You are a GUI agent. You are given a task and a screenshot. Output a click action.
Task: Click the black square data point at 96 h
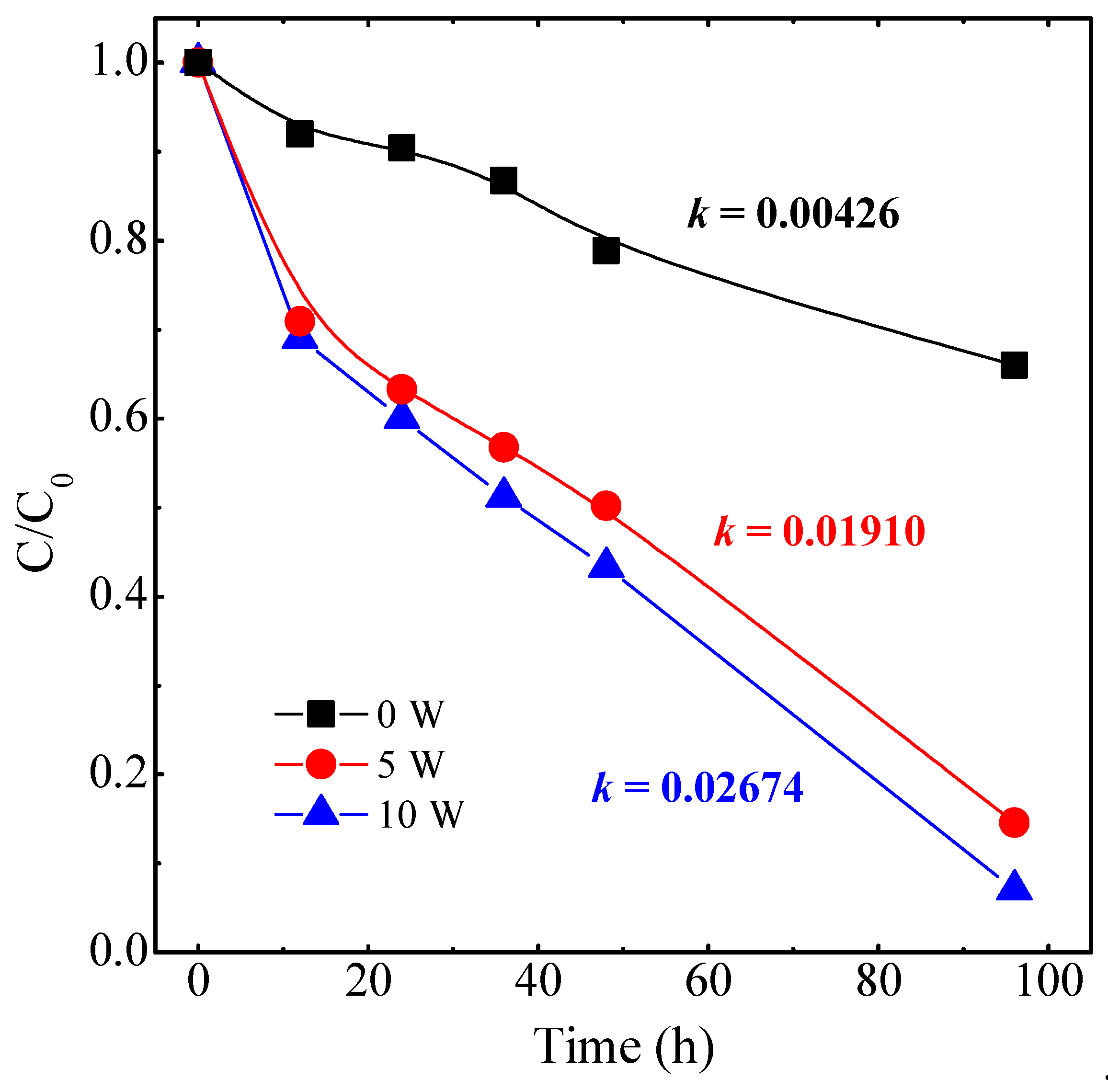(x=1014, y=365)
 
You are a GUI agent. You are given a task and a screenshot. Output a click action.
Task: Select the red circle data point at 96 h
(x=1014, y=822)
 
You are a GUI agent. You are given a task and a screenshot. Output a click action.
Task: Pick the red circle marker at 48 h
(x=606, y=505)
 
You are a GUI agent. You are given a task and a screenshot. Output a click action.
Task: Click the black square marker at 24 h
(x=401, y=148)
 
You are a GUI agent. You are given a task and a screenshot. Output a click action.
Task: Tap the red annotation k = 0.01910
(x=819, y=532)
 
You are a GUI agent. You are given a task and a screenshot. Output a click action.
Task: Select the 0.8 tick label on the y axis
(x=117, y=239)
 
